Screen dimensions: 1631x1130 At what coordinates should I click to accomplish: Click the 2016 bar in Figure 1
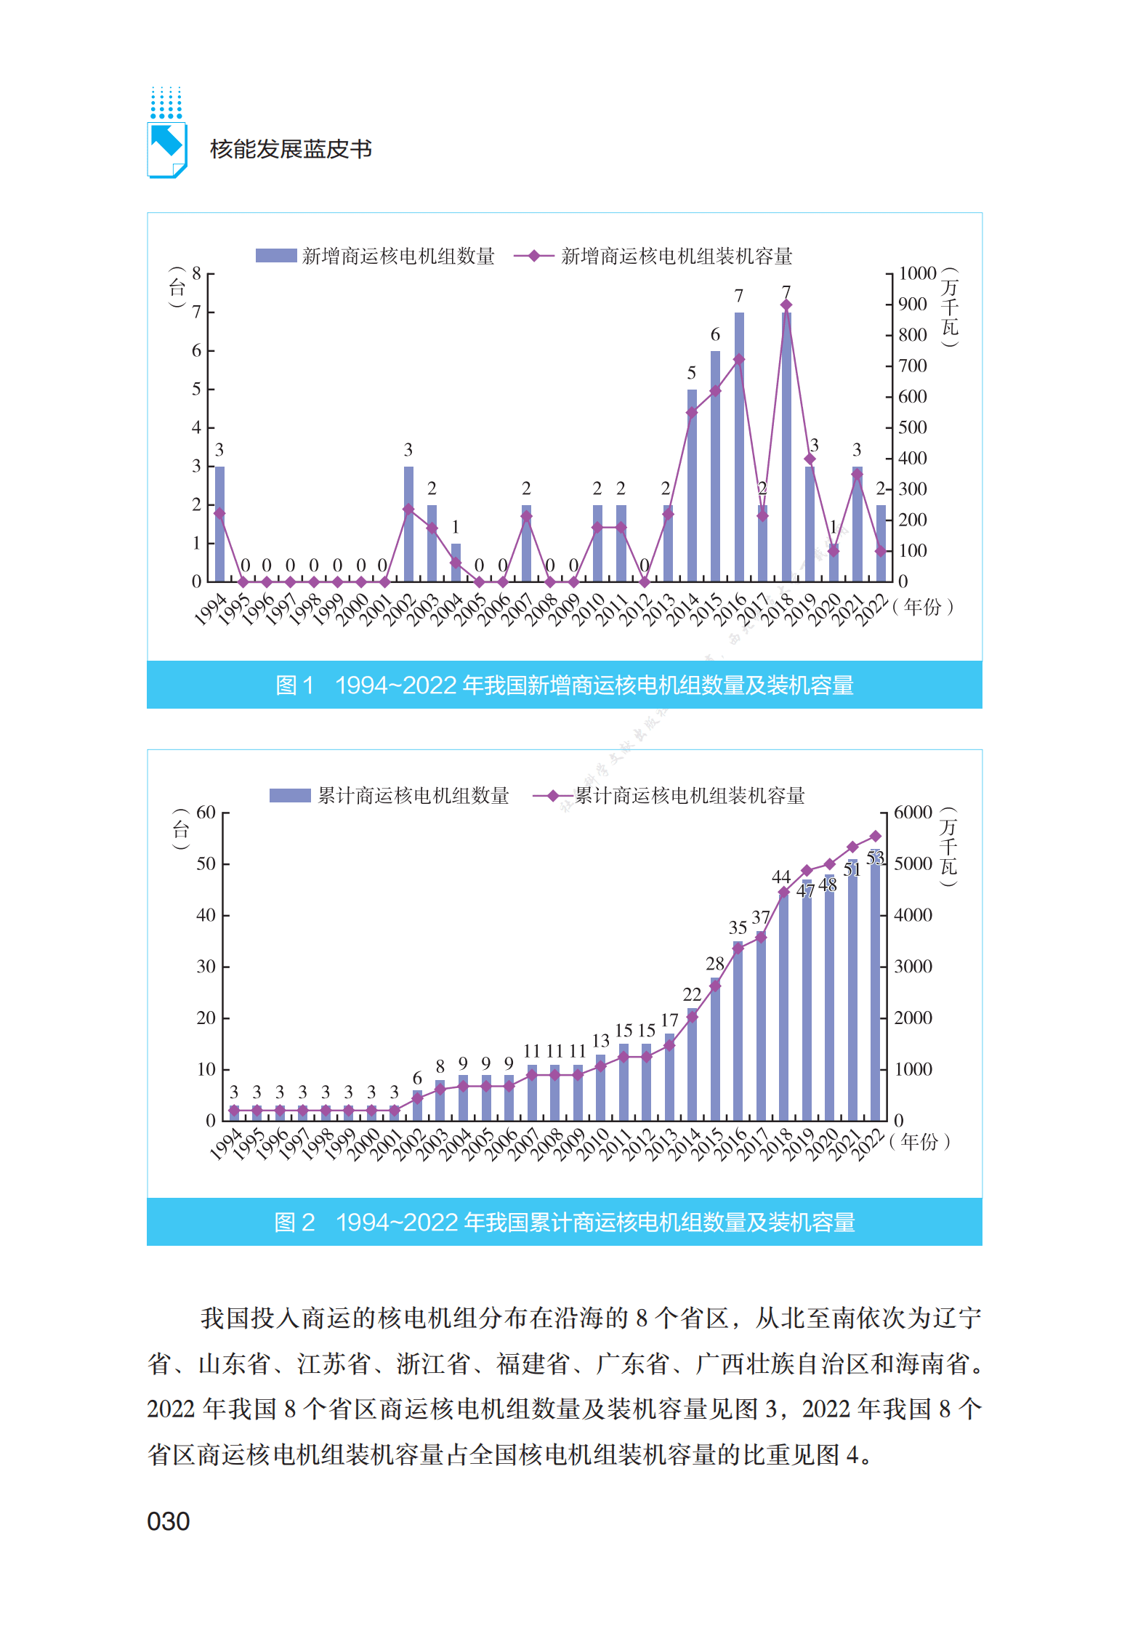(x=738, y=447)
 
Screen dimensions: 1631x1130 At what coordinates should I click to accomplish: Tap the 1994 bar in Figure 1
(x=219, y=523)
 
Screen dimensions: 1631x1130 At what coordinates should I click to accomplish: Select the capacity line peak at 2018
(x=786, y=305)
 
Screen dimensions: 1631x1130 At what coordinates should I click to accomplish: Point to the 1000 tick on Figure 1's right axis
(x=917, y=274)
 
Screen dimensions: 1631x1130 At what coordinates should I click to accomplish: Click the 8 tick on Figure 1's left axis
(x=196, y=274)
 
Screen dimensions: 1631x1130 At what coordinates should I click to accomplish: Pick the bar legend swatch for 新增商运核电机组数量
(x=276, y=256)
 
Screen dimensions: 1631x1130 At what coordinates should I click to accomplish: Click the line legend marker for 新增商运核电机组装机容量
(x=534, y=256)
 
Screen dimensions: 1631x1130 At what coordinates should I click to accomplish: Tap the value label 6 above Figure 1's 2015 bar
(x=715, y=334)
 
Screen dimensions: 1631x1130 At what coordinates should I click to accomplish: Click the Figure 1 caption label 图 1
(x=294, y=685)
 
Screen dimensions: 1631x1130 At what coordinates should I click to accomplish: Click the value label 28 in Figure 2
(x=715, y=964)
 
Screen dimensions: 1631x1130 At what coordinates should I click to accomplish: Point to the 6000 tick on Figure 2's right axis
(x=913, y=813)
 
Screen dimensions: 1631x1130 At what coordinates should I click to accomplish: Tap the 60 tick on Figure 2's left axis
(x=206, y=813)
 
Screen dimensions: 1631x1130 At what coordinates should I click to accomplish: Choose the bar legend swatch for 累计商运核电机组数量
(x=290, y=796)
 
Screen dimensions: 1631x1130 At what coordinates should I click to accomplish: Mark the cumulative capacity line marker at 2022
(x=876, y=837)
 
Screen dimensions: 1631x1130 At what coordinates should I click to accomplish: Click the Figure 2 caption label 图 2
(x=294, y=1223)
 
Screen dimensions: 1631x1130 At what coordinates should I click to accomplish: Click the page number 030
(x=168, y=1521)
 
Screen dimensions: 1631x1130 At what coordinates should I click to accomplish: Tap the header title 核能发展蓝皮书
(x=291, y=149)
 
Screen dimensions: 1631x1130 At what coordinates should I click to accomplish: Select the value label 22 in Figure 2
(x=692, y=994)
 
